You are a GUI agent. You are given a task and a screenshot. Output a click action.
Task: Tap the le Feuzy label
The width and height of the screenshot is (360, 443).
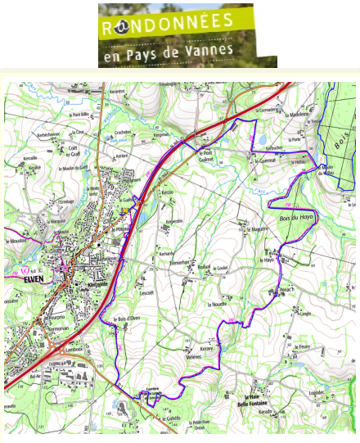pos(305,346)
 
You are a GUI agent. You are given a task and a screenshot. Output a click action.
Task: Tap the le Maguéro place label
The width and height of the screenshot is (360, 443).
pos(260,229)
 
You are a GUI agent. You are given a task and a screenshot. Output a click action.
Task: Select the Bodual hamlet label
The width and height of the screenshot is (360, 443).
pos(204,266)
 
